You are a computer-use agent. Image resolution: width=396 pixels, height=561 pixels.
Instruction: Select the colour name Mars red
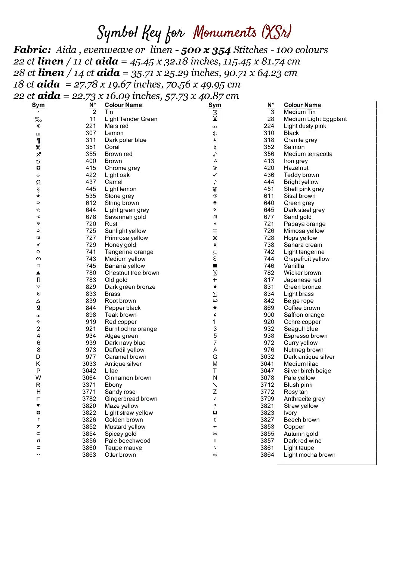[x=116, y=126]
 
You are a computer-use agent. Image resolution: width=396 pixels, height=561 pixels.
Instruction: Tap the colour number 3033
[x=89, y=364]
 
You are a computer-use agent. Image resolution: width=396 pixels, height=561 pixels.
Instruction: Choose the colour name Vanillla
[x=294, y=266]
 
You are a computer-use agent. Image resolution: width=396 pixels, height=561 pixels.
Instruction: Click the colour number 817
[x=269, y=280]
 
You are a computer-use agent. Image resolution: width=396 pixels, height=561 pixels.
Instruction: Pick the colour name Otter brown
[x=120, y=455]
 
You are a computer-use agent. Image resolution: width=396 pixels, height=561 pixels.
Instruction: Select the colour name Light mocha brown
[x=309, y=455]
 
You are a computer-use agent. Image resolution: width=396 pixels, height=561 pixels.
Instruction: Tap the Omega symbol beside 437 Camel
[x=38, y=182]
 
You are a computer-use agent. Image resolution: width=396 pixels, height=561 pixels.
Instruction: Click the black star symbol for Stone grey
[x=38, y=196]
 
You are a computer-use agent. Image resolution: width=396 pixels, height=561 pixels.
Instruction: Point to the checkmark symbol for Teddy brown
[x=215, y=175]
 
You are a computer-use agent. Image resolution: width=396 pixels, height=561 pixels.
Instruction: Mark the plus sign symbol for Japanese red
[x=215, y=280]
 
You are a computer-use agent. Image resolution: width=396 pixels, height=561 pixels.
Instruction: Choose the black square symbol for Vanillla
[x=215, y=266]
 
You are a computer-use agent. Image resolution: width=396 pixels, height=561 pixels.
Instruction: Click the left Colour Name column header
[x=123, y=105]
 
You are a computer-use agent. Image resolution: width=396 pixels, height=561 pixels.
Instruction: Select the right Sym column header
[x=215, y=105]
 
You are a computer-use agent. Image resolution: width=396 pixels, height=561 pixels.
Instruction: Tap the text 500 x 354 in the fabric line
[x=206, y=50]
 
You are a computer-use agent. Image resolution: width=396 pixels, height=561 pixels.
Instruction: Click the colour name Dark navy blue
[x=125, y=343]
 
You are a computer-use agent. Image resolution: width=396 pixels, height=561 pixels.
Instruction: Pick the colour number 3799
[x=267, y=399]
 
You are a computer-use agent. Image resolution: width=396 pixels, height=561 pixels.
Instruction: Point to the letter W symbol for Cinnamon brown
[x=38, y=378]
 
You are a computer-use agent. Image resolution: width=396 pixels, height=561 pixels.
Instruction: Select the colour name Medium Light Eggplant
[x=315, y=119]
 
